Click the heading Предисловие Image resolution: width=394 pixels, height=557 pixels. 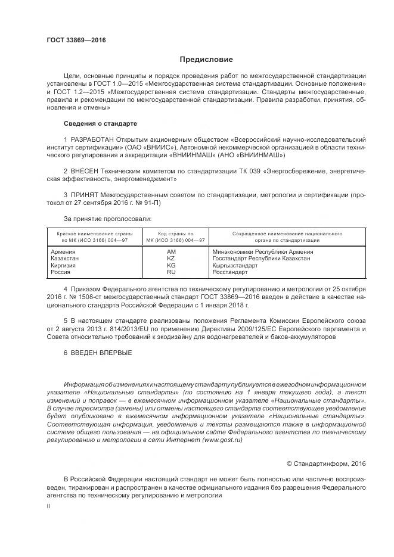pyautogui.click(x=206, y=60)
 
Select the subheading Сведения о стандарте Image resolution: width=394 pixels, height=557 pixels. pyautogui.click(x=100, y=123)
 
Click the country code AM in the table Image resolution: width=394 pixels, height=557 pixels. pyautogui.click(x=172, y=252)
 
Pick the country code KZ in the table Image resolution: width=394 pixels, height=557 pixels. pyautogui.click(x=172, y=259)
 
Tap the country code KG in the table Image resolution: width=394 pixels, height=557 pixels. pyautogui.click(x=172, y=265)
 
